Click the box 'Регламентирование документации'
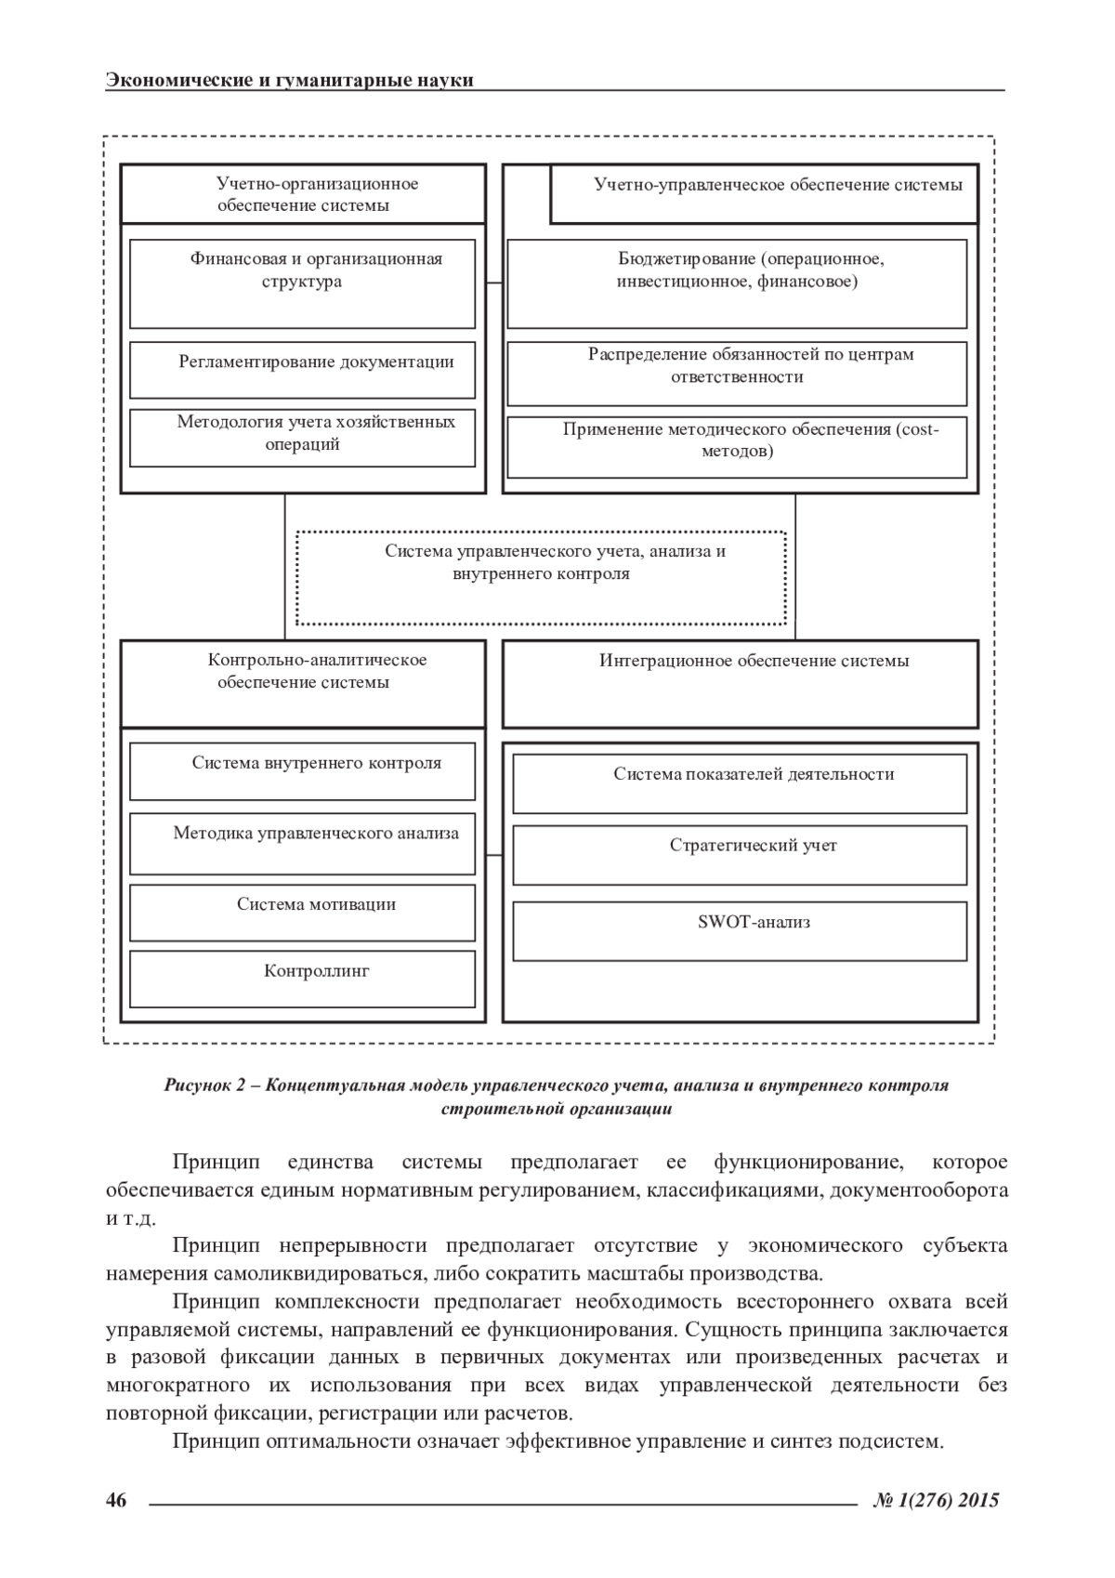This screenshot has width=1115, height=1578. click(302, 370)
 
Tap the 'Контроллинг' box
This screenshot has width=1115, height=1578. click(302, 979)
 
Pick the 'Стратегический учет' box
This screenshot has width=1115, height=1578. click(740, 855)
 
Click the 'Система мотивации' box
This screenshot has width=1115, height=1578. click(302, 913)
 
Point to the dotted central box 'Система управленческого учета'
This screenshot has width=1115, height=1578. click(541, 577)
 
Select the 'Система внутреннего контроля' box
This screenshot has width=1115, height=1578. click(302, 771)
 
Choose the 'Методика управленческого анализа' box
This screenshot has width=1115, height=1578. click(302, 843)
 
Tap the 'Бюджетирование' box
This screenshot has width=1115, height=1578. click(737, 283)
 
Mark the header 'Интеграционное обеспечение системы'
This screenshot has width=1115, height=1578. click(740, 682)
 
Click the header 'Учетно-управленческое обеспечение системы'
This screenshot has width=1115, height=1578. click(764, 194)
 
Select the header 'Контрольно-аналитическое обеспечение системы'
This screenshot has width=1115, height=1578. click(303, 682)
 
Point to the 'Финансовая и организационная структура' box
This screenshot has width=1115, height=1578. click(302, 283)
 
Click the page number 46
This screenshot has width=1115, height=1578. click(115, 1500)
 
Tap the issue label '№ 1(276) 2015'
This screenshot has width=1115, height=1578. click(936, 1500)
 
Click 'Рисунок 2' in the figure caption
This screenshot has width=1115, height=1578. click(203, 1085)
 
